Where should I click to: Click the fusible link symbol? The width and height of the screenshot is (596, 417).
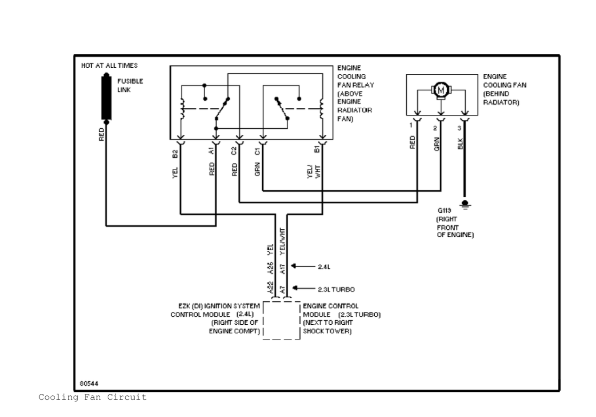[106, 97]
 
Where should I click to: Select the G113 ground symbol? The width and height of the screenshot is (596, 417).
[466, 204]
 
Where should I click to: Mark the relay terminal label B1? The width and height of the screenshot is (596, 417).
[317, 149]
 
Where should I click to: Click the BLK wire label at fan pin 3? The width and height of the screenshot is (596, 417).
[460, 143]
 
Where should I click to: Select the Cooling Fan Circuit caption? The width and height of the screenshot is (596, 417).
[92, 398]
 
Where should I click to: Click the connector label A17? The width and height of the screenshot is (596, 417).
[282, 269]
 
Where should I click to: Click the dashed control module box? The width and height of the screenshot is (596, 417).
[281, 321]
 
